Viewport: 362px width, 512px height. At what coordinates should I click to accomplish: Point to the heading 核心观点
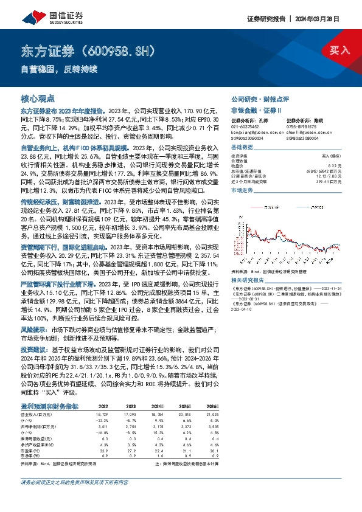(x=38, y=98)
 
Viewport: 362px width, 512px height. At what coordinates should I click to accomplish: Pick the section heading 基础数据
(x=242, y=148)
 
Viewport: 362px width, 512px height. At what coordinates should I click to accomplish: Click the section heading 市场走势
(x=242, y=190)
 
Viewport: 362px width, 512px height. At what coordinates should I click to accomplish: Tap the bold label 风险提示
(x=34, y=327)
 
